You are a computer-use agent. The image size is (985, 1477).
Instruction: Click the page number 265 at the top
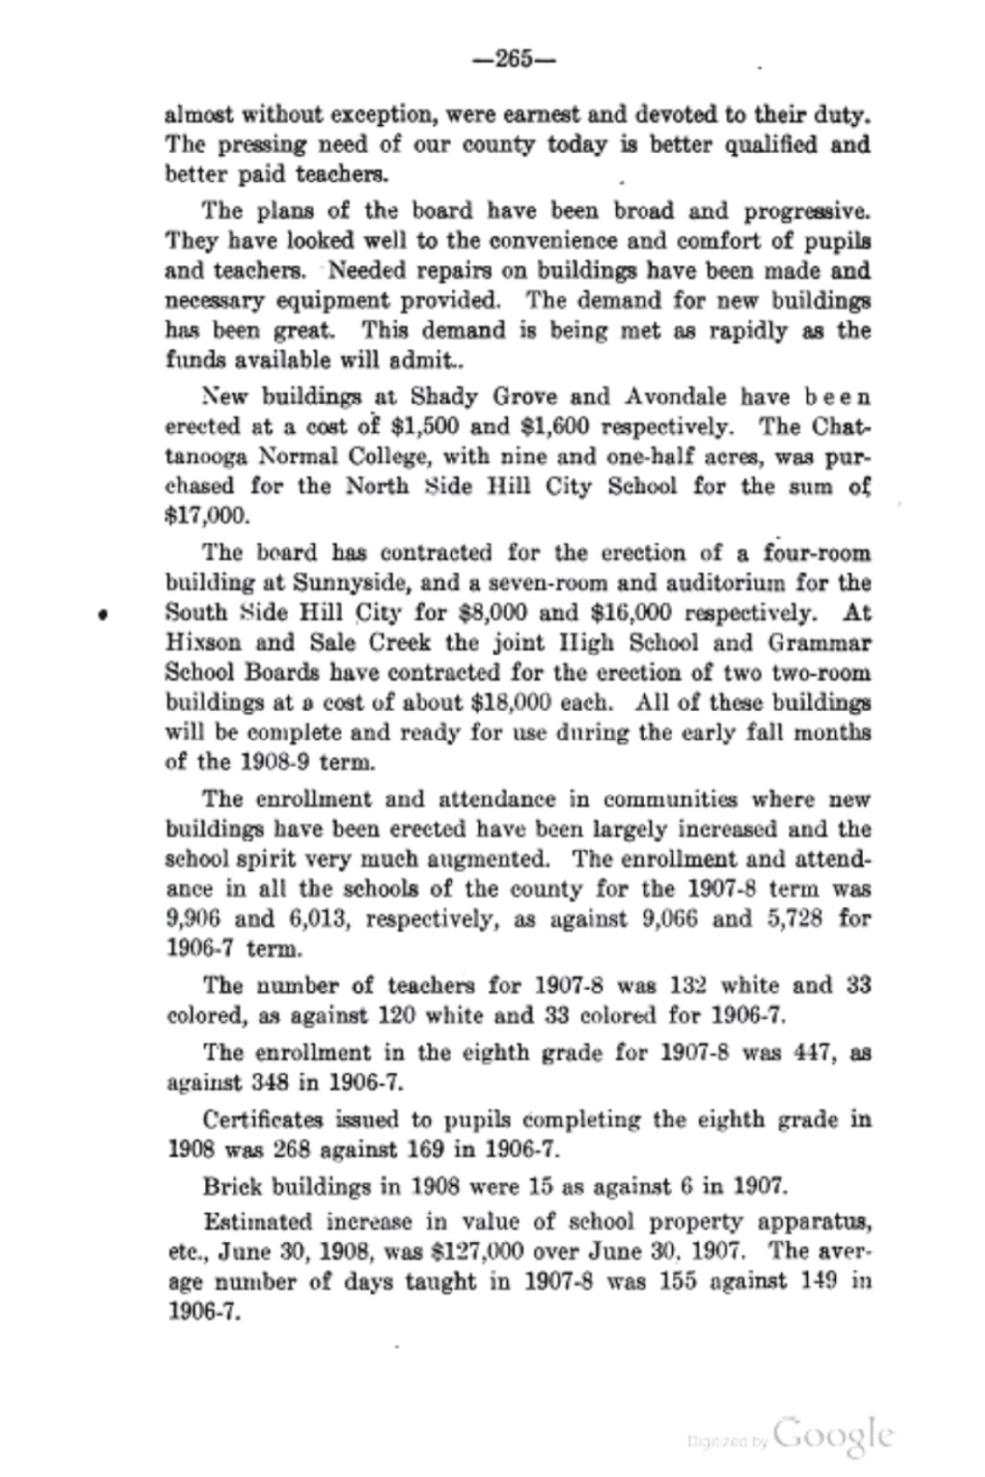[514, 60]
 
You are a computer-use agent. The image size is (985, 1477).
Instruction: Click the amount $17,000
[207, 516]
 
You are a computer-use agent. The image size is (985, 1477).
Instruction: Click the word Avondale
[675, 397]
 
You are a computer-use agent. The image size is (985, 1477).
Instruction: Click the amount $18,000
[511, 702]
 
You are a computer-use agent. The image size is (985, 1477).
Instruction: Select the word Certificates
[264, 1120]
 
